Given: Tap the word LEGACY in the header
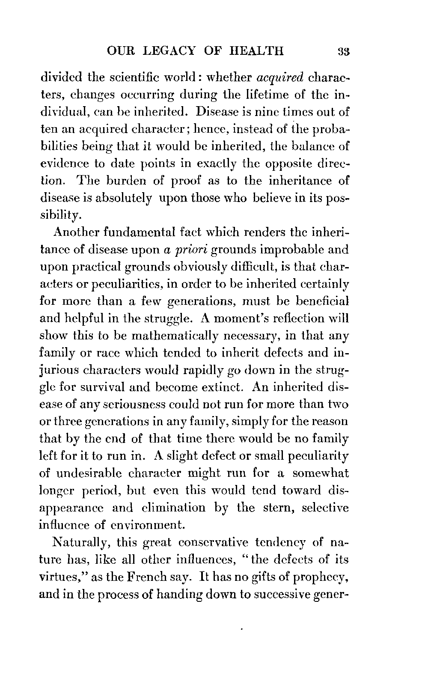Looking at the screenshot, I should tap(172, 51).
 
